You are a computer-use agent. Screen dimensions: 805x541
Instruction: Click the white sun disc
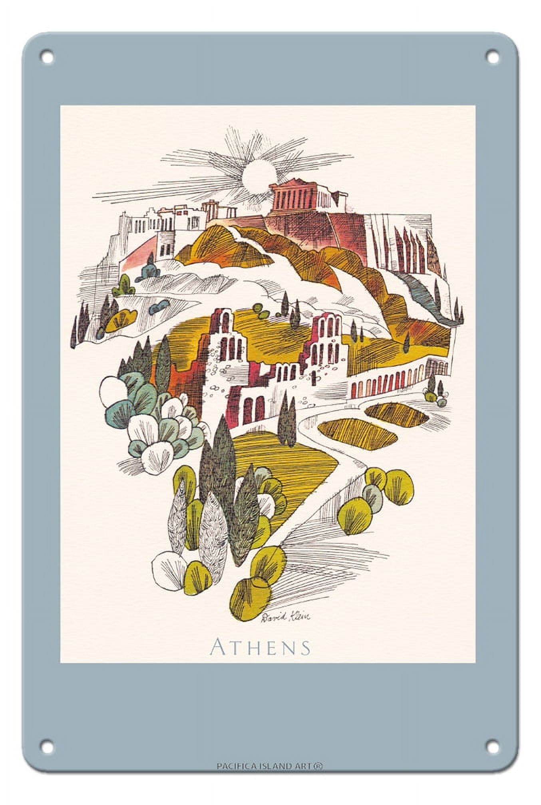pos(258,174)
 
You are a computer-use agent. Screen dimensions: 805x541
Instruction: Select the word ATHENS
pos(260,647)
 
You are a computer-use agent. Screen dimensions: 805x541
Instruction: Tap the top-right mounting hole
pos(493,57)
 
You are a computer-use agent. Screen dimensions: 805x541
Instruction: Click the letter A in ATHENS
pos(218,647)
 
